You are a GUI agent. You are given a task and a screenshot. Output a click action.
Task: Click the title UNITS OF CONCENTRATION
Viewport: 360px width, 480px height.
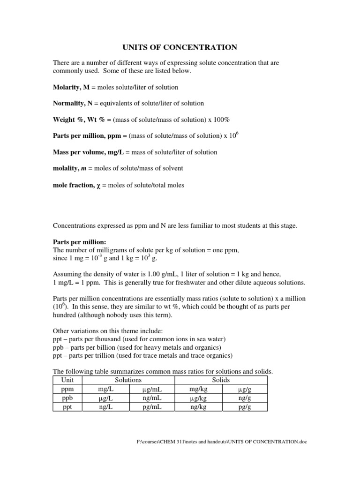[x=180, y=47]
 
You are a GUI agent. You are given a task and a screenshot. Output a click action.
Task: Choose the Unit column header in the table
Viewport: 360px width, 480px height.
[x=67, y=380]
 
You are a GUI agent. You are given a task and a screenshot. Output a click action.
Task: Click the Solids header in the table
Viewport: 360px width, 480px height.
[x=220, y=380]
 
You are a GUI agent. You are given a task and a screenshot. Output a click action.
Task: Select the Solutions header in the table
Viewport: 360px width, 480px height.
[x=128, y=380]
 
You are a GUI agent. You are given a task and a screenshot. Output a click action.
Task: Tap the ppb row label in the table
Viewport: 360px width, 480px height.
[x=67, y=398]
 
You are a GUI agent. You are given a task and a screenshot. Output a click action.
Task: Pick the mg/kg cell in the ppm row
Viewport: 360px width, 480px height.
[x=197, y=389]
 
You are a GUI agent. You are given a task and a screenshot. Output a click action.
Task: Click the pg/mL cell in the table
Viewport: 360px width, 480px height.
[x=151, y=407]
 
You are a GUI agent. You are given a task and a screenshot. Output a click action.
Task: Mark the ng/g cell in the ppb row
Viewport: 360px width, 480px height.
[x=244, y=398]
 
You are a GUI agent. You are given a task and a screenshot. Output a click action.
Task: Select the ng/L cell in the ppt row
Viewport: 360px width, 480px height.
[x=105, y=407]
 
